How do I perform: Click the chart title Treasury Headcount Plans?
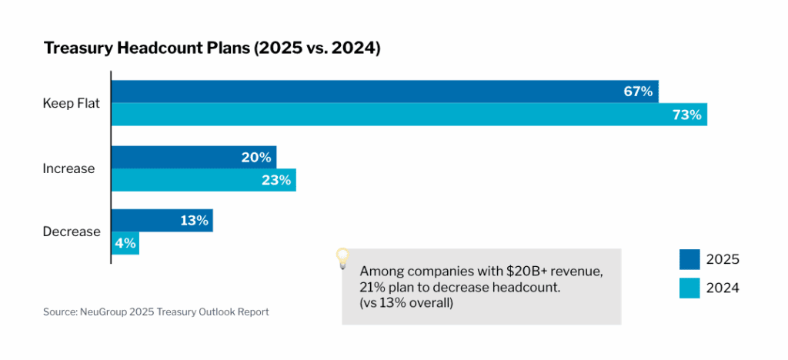click(x=212, y=48)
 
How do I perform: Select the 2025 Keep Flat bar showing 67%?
click(x=369, y=92)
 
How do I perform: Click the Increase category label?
click(x=68, y=168)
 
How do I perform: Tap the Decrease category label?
click(x=72, y=232)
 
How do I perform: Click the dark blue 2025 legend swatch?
click(x=689, y=259)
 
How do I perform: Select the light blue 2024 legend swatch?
click(x=689, y=288)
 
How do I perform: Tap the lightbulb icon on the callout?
click(x=343, y=258)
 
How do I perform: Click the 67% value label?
click(x=638, y=92)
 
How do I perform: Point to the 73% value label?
click(x=686, y=115)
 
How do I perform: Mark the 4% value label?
click(x=125, y=243)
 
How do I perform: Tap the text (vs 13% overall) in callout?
click(x=407, y=302)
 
